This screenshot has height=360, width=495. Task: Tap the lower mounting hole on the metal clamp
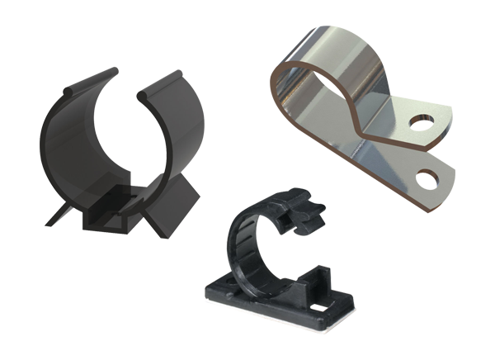pos(427,175)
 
